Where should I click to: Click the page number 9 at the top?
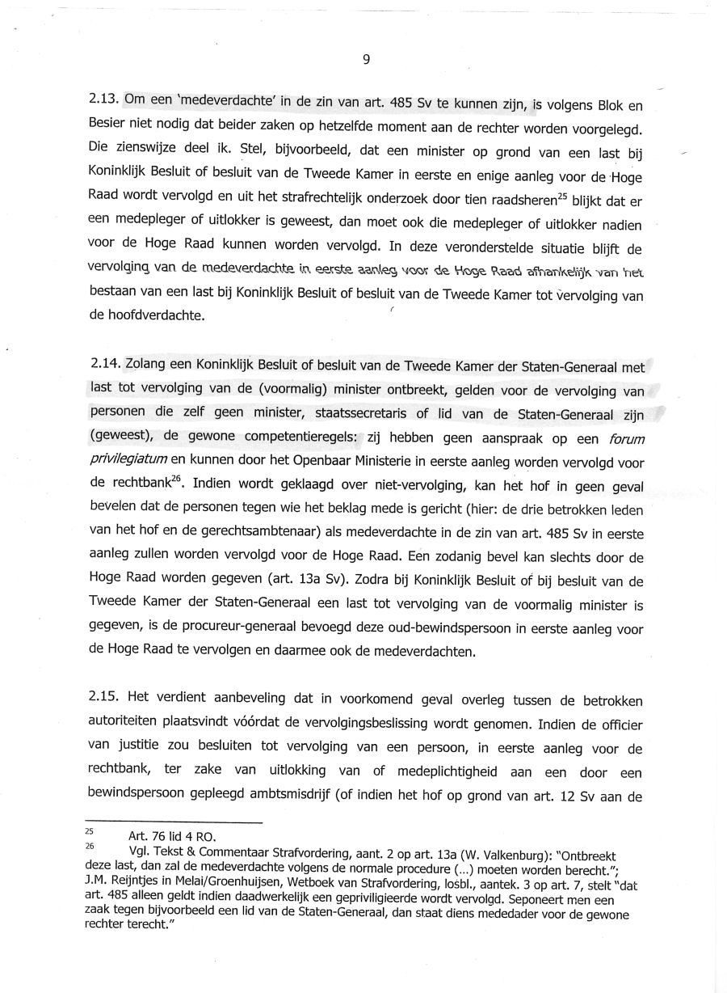pyautogui.click(x=366, y=59)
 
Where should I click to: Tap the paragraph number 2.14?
pyautogui.click(x=104, y=367)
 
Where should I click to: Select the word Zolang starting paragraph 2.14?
pyautogui.click(x=146, y=367)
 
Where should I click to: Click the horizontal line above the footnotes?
pyautogui.click(x=174, y=823)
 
